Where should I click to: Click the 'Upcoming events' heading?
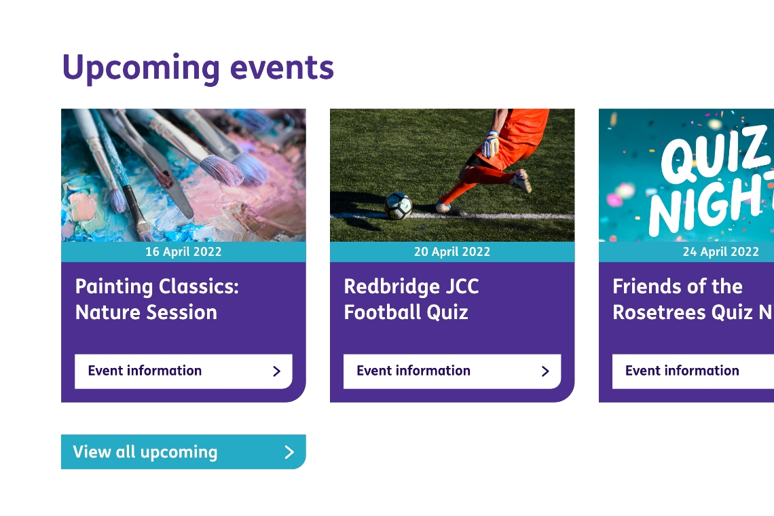coord(198,68)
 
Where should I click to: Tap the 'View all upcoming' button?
coord(183,451)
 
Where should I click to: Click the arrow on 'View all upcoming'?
coord(290,451)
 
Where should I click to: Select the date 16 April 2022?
coord(183,252)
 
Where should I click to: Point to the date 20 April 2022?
coord(452,252)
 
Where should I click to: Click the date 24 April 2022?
coord(720,252)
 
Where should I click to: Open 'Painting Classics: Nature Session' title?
coord(157,299)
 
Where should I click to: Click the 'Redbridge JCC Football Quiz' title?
coord(411,299)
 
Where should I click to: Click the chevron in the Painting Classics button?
coord(277,371)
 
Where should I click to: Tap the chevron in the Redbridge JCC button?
coord(545,371)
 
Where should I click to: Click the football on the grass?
coord(398,206)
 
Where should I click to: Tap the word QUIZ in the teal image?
coord(716,153)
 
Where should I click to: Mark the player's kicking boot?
coord(521,181)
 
